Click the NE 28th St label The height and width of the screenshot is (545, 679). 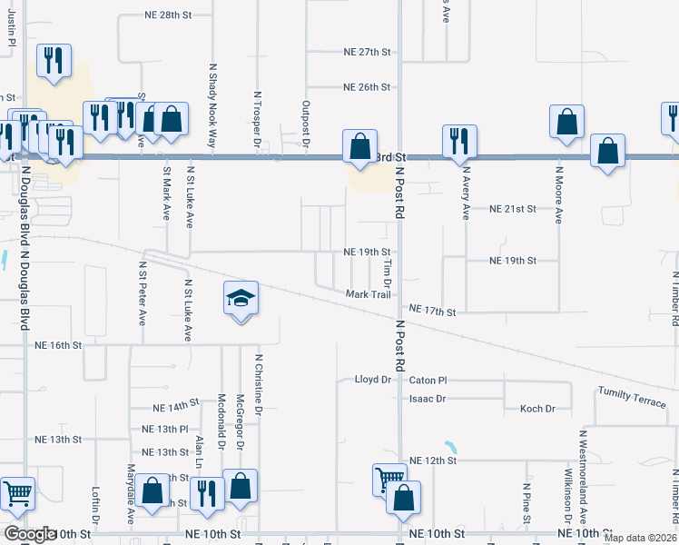168,16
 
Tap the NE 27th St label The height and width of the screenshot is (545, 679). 367,53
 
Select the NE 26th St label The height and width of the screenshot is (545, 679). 367,87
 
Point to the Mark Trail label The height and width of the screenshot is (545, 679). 368,294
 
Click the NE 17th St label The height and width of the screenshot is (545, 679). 431,311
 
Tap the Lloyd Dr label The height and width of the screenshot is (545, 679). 372,380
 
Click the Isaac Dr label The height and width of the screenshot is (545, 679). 428,399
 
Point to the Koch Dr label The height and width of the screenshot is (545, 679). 537,409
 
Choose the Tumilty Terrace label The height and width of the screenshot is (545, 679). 631,396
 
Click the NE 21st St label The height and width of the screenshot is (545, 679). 513,209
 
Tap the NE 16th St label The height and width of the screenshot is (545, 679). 58,345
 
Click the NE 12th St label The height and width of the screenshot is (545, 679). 431,461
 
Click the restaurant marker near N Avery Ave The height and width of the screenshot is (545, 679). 459,140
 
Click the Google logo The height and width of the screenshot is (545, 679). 30,534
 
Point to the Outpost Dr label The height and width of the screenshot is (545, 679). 307,124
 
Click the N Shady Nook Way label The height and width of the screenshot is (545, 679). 213,105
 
